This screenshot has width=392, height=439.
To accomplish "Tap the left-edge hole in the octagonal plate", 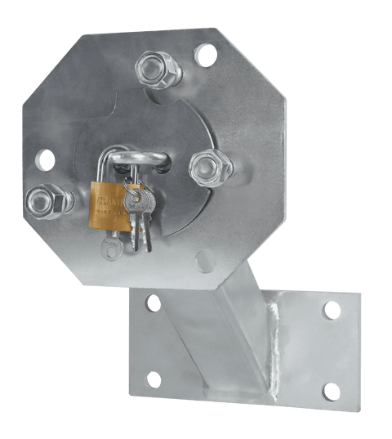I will [x=46, y=158].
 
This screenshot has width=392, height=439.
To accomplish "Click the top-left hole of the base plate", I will [x=153, y=304].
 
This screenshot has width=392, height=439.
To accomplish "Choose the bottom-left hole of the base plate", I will [x=152, y=378].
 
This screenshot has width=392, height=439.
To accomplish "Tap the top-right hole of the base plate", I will [x=331, y=311].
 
